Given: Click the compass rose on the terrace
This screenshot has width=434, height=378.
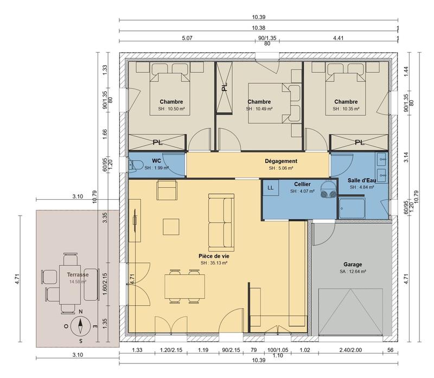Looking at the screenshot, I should tap(80, 326).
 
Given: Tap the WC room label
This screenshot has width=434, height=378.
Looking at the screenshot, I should tap(156, 161).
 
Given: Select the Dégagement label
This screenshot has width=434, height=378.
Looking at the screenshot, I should tap(280, 161).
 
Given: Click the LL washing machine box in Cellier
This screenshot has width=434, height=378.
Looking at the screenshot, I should tap(270, 187).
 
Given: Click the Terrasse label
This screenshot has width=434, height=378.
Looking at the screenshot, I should tap(71, 275).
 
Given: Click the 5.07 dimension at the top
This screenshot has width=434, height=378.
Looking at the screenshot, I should tap(187, 38).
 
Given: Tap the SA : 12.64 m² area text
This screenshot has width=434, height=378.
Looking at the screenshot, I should tap(353, 272).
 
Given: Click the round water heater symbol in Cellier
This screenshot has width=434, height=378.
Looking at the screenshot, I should tap(328, 190).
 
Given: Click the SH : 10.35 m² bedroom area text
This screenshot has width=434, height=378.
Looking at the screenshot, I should tap(346, 109).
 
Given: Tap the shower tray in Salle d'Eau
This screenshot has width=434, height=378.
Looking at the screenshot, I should tap(353, 206).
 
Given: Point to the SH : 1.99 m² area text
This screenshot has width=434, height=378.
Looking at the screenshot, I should tap(156, 168).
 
